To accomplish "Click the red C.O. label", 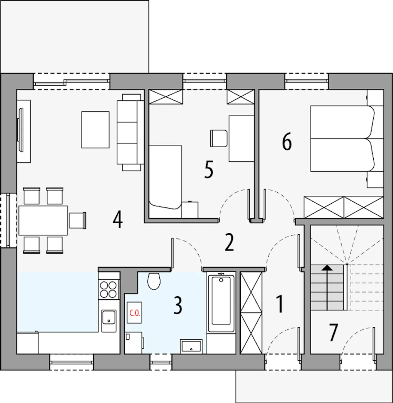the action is click(x=135, y=313).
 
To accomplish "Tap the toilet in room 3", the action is click(x=154, y=281).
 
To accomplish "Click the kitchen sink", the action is click(x=109, y=321).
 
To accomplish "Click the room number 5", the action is click(x=208, y=170).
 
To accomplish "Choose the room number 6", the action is click(x=287, y=142).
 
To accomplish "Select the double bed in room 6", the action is click(x=342, y=139).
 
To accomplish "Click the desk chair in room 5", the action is click(x=219, y=139).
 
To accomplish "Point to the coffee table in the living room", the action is click(x=95, y=130).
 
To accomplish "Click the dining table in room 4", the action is click(x=43, y=220).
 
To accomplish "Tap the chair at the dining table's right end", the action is click(x=77, y=220).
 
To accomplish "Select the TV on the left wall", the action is click(x=21, y=130).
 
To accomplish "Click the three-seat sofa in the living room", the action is click(x=130, y=132).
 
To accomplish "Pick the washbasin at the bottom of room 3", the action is click(x=191, y=347).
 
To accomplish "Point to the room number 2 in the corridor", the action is click(x=229, y=243).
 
